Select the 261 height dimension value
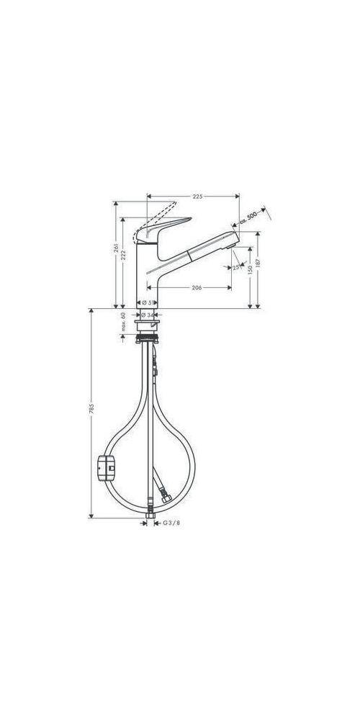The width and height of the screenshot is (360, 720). click(115, 248)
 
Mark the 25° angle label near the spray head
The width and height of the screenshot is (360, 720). click(236, 268)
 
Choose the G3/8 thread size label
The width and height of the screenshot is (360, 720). click(171, 523)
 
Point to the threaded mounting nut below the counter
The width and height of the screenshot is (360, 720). click(149, 336)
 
